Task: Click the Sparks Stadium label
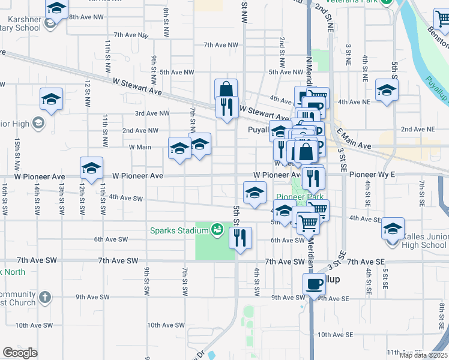tap(178, 230)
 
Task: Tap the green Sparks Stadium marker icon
tap(217, 229)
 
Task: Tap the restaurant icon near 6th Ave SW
tap(240, 238)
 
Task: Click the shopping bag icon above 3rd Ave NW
tap(226, 89)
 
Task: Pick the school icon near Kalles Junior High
tap(393, 228)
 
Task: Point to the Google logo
tap(20, 353)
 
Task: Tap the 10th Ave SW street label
tap(166, 325)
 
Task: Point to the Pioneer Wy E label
tap(372, 175)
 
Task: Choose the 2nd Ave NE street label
tap(418, 129)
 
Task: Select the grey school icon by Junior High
tap(38, 124)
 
